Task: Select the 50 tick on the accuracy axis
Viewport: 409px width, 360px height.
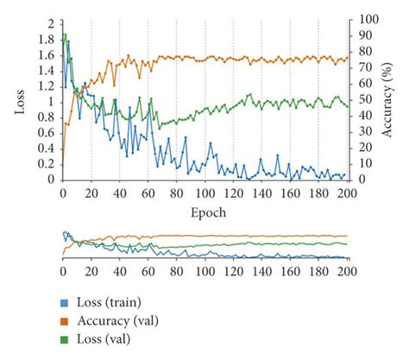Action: point(362,99)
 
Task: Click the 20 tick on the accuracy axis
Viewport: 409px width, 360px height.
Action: point(362,148)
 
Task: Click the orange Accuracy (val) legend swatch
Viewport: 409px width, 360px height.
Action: point(64,320)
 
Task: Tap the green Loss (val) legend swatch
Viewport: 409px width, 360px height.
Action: point(64,338)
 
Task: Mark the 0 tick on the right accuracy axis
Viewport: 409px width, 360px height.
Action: point(357,180)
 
